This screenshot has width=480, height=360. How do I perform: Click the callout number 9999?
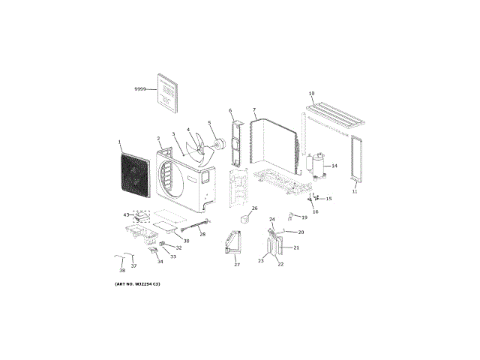coord(140,89)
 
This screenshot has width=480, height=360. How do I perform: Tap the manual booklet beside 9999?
coord(168,92)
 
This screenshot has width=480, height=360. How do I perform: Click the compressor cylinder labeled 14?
coord(316,165)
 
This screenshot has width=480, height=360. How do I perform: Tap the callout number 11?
coord(355,192)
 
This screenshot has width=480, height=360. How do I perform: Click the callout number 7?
coord(254,110)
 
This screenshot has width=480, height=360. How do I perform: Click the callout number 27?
coord(236,265)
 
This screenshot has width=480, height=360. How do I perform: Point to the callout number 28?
coord(202,235)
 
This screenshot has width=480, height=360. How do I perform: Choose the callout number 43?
coord(127,215)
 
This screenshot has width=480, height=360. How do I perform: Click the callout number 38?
coord(122,270)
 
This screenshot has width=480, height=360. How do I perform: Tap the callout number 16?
coord(315,212)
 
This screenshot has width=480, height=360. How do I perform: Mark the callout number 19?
coord(304,217)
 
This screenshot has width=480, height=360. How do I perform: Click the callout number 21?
coord(296,247)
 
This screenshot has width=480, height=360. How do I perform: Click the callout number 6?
coord(230,111)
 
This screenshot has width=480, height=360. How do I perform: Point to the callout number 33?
coord(173,256)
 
